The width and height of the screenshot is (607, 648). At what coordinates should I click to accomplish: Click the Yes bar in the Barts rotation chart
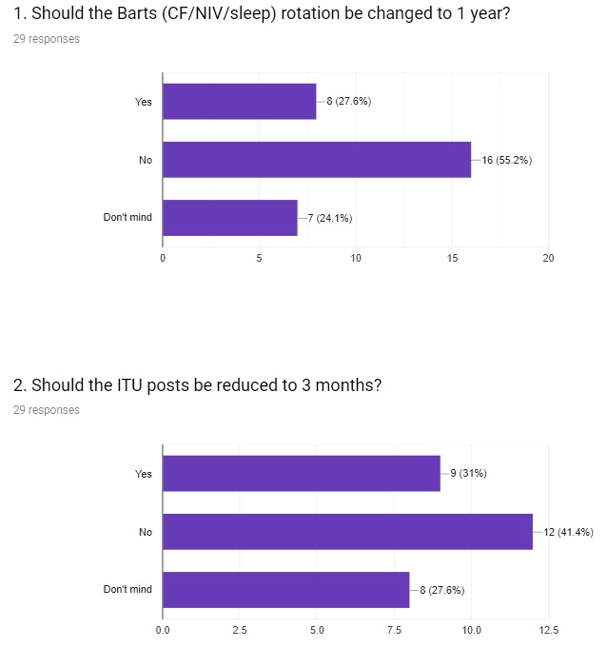[x=239, y=102]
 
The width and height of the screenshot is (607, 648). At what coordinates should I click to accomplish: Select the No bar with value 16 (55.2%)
[x=317, y=160]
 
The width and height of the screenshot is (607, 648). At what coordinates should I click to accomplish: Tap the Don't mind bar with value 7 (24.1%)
[x=229, y=218]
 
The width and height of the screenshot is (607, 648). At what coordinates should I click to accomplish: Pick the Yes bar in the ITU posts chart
[x=301, y=474]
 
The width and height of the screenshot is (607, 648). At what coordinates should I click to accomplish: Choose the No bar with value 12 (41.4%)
[x=347, y=532]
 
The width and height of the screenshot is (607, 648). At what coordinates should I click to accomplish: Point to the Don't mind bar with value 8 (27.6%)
[x=285, y=590]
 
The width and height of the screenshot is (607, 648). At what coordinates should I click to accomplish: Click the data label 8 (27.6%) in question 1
[x=348, y=102]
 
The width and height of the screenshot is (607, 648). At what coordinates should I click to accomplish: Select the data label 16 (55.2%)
[x=506, y=160]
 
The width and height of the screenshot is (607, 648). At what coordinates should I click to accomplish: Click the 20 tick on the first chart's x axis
[x=549, y=258]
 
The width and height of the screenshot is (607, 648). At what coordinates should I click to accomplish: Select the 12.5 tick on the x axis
[x=549, y=630]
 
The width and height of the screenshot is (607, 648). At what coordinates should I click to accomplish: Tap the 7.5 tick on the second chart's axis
[x=394, y=630]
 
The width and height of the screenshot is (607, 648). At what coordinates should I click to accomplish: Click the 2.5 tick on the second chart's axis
[x=240, y=630]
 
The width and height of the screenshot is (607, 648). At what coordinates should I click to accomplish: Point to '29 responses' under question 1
[x=47, y=39]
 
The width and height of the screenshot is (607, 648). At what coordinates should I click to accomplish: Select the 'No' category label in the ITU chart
[x=145, y=532]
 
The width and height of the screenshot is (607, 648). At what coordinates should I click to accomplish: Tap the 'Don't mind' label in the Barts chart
[x=127, y=218]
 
